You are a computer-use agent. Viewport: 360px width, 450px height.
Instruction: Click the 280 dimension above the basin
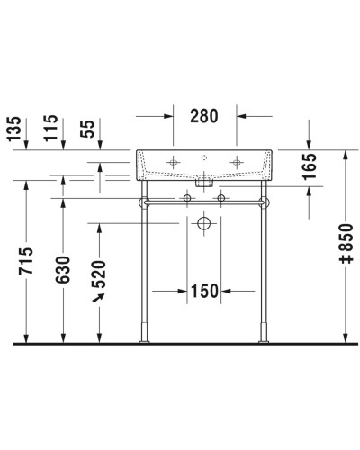pos(204,115)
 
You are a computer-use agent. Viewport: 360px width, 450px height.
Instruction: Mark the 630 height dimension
pos(64,267)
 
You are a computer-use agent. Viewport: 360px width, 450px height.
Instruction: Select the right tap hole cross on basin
pos(238,163)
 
